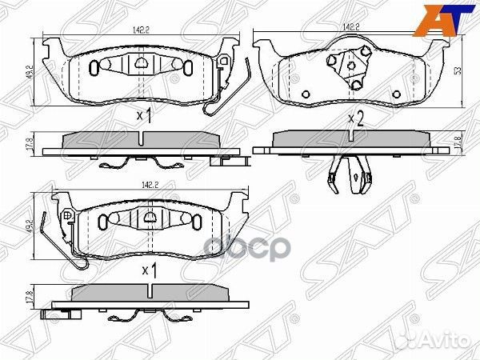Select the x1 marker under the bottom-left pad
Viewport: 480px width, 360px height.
pos(148,270)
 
